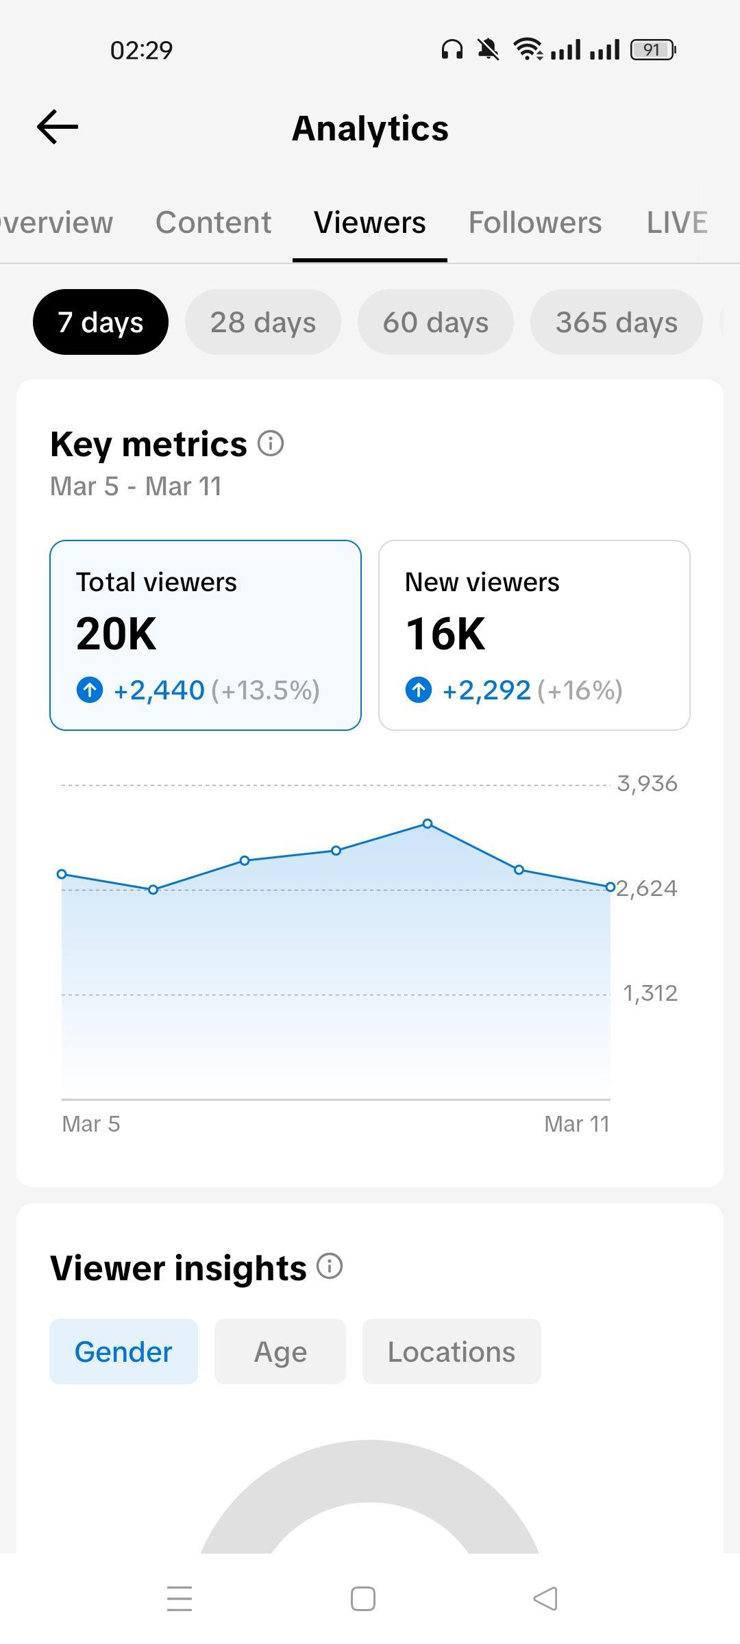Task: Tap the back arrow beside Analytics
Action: pyautogui.click(x=58, y=127)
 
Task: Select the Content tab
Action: pyautogui.click(x=213, y=223)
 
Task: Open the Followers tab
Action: pyautogui.click(x=534, y=223)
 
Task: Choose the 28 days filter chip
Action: pyautogui.click(x=263, y=322)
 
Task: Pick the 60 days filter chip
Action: pyautogui.click(x=436, y=322)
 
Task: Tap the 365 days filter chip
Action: pyautogui.click(x=616, y=322)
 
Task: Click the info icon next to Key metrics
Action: pyautogui.click(x=271, y=444)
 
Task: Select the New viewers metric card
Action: pyautogui.click(x=534, y=635)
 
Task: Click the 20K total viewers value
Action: pyautogui.click(x=116, y=634)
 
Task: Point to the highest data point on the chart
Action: pyautogui.click(x=428, y=823)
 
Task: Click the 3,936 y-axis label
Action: pyautogui.click(x=647, y=784)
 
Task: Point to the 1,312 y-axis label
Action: pyautogui.click(x=650, y=993)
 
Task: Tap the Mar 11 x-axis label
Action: pyautogui.click(x=576, y=1124)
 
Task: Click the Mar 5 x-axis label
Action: pyautogui.click(x=91, y=1124)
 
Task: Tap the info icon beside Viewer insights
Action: pyautogui.click(x=330, y=1267)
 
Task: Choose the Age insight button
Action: pyautogui.click(x=280, y=1352)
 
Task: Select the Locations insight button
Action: pyautogui.click(x=452, y=1352)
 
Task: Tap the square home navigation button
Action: pyautogui.click(x=363, y=1599)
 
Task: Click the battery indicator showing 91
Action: pyautogui.click(x=652, y=50)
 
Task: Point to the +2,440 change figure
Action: pyautogui.click(x=159, y=690)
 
